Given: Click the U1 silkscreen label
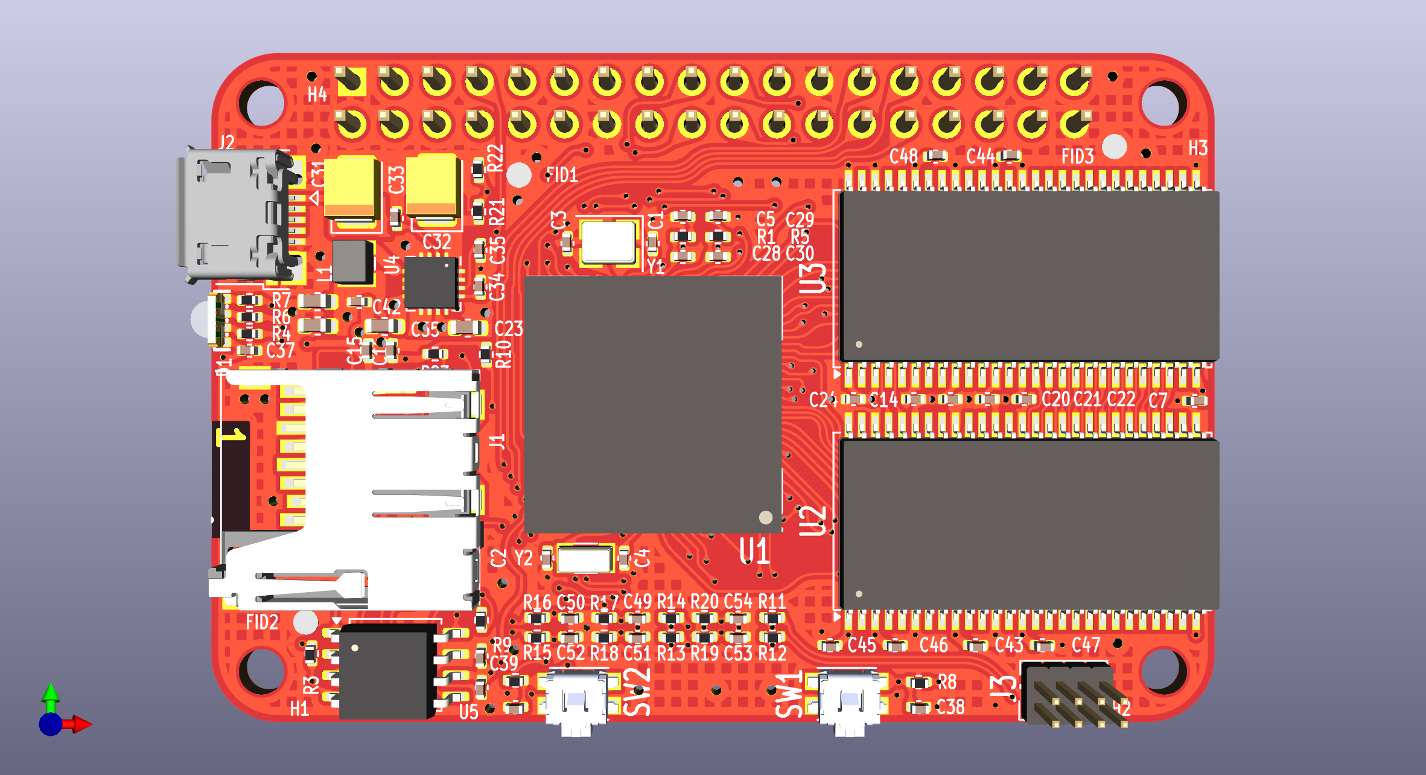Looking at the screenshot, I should (754, 550).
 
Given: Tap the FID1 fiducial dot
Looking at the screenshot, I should (519, 175).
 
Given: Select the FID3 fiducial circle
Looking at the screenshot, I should (1114, 147).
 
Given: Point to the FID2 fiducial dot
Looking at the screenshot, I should (305, 622).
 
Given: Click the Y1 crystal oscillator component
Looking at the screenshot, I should (608, 241).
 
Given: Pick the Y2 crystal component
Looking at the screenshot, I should (584, 560).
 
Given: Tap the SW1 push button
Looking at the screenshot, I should (849, 702).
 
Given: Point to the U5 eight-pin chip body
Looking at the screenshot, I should (386, 670).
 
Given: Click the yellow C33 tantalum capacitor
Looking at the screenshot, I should (433, 186).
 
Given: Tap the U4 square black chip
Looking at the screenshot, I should (431, 282).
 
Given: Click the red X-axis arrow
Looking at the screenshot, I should (82, 724).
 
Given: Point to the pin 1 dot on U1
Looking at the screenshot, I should (765, 517).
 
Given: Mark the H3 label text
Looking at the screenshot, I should (1198, 148).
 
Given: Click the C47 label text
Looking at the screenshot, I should (1086, 645).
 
